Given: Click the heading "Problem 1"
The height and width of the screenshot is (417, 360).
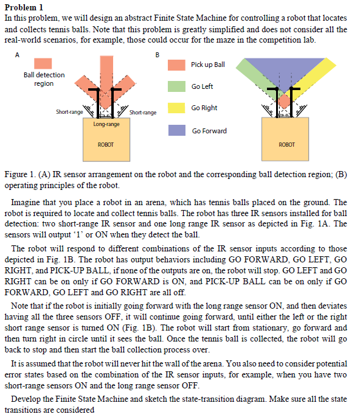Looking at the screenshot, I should pyautogui.click(x=23, y=7).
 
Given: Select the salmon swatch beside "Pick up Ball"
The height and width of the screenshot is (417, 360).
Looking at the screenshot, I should pyautogui.click(x=176, y=65).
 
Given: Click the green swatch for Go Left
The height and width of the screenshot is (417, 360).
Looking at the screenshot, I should pyautogui.click(x=176, y=86).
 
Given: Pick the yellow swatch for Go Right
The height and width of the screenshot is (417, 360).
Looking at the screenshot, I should pyautogui.click(x=176, y=108).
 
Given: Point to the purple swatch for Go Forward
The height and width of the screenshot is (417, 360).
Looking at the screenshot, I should pyautogui.click(x=176, y=130).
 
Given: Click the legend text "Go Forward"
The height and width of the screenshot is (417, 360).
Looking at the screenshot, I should pyautogui.click(x=209, y=131).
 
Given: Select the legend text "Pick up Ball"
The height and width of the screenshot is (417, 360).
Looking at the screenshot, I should pyautogui.click(x=207, y=65).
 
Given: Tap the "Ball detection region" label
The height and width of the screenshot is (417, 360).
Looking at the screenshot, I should pyautogui.click(x=44, y=79).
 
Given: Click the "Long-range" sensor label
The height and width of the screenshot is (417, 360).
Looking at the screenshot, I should pyautogui.click(x=106, y=124).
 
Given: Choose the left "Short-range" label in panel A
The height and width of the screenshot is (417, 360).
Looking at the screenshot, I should pyautogui.click(x=69, y=112).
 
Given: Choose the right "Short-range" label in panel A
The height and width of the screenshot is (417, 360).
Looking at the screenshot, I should pyautogui.click(x=143, y=112).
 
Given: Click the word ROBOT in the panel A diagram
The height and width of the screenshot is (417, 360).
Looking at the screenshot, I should pyautogui.click(x=106, y=144).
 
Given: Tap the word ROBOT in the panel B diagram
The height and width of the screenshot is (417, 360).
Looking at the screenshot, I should pyautogui.click(x=286, y=144).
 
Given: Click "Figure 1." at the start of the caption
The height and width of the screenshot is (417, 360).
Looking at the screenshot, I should pyautogui.click(x=19, y=175).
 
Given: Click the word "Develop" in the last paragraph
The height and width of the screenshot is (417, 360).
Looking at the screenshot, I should pyautogui.click(x=26, y=399).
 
